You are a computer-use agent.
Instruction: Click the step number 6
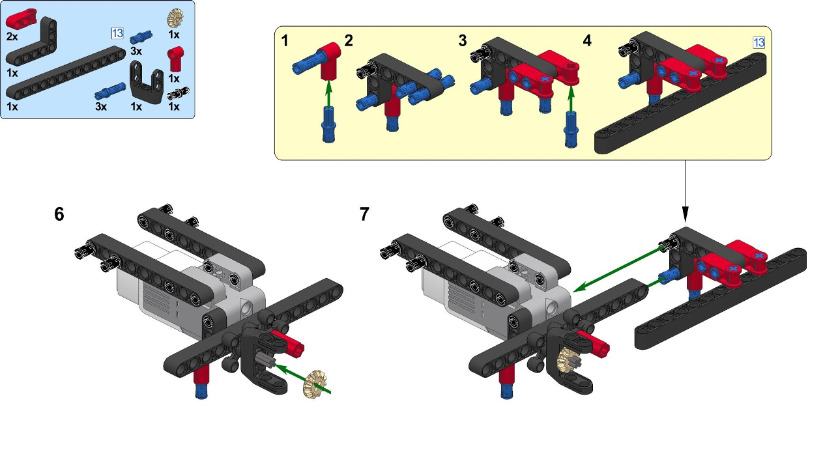59,214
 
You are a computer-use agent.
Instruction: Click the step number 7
364,214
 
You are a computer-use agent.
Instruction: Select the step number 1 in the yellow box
285,41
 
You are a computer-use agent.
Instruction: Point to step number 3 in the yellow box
463,41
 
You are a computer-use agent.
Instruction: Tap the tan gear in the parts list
174,18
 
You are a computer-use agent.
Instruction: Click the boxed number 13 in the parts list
117,33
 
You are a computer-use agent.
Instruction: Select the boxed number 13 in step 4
758,42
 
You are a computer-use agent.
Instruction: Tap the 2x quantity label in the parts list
12,36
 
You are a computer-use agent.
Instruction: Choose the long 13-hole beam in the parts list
65,76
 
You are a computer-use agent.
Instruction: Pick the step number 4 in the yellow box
587,41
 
